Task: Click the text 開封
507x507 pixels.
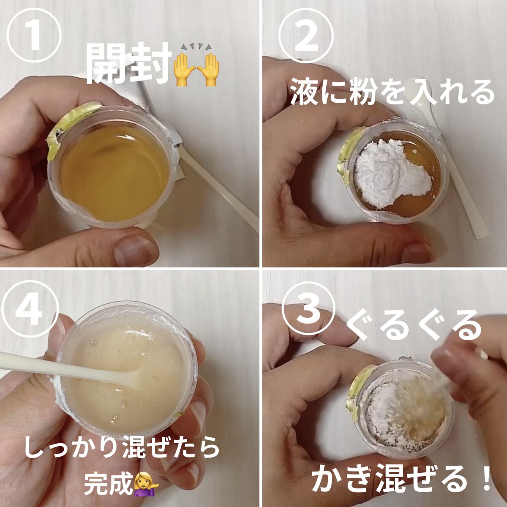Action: pyautogui.click(x=128, y=65)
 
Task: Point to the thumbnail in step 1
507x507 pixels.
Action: pyautogui.click(x=136, y=247)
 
